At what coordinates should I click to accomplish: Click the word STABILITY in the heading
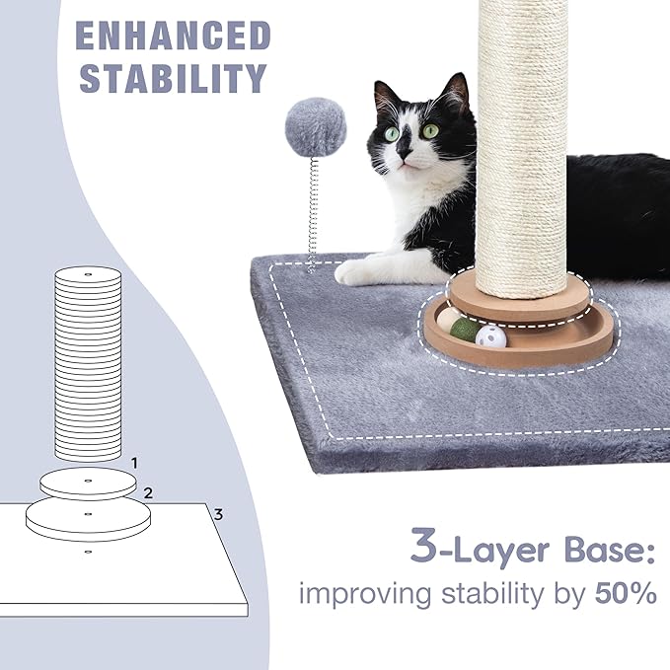pyautogui.click(x=173, y=77)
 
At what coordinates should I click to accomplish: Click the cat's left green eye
pyautogui.click(x=392, y=133)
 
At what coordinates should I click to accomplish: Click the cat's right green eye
pyautogui.click(x=430, y=129)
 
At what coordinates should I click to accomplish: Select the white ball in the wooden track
pyautogui.click(x=490, y=336)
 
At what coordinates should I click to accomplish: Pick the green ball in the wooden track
pyautogui.click(x=464, y=329)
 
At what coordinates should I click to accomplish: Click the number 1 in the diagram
pyautogui.click(x=134, y=462)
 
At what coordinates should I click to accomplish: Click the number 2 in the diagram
pyautogui.click(x=148, y=492)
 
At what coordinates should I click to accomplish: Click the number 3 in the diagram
pyautogui.click(x=218, y=514)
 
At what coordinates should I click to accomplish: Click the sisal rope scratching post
pyautogui.click(x=522, y=148)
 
